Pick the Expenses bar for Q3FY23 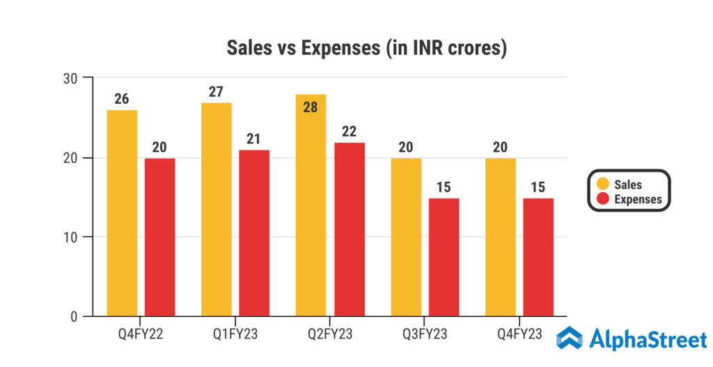(x=444, y=258)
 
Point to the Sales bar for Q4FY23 (x=500, y=237)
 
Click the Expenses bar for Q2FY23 (x=349, y=230)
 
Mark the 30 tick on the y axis (x=70, y=77)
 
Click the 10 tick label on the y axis (x=70, y=237)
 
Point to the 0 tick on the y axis (x=73, y=317)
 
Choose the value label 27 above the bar (x=216, y=92)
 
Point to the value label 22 (x=349, y=132)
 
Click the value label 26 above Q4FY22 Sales (x=122, y=99)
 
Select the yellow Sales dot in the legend (x=602, y=185)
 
